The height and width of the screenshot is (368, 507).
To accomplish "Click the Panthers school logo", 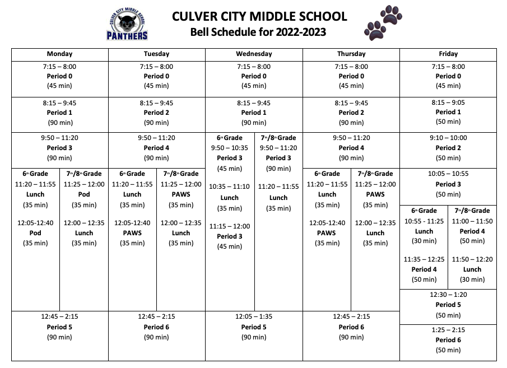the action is pos(128,25).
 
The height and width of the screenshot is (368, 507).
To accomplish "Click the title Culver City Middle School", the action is pos(259,16).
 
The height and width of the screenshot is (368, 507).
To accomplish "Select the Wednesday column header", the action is pos(254,54).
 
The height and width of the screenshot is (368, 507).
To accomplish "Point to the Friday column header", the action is pos(448,54).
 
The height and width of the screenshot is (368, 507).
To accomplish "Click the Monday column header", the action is pos(59,54).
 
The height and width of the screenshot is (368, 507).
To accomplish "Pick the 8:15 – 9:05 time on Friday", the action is pos(448,103).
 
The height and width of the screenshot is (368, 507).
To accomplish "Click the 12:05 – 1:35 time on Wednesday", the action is pos(254,316).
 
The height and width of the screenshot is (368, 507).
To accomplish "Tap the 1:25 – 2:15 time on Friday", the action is pos(448,330).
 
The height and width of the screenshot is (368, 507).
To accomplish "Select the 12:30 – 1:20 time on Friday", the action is pos(448,295).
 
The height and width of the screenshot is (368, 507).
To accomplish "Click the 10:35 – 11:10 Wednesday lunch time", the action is pos(229,187).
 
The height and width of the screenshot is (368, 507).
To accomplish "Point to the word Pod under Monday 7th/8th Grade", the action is pos(84,194).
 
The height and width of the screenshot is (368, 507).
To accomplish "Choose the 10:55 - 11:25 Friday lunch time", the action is pos(424,221).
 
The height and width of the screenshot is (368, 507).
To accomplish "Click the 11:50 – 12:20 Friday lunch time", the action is pos(472,259).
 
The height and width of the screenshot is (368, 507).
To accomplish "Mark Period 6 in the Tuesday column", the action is pos(156,327).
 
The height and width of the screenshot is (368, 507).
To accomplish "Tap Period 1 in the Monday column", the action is pos(59,113).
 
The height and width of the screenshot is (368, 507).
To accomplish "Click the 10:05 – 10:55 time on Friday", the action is pos(448,174).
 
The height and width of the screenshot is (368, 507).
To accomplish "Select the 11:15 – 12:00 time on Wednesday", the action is pos(229,226).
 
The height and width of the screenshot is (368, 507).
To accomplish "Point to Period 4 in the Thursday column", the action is pos(351,148).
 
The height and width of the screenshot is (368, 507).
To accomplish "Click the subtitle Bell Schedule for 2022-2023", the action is pos(258,32).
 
